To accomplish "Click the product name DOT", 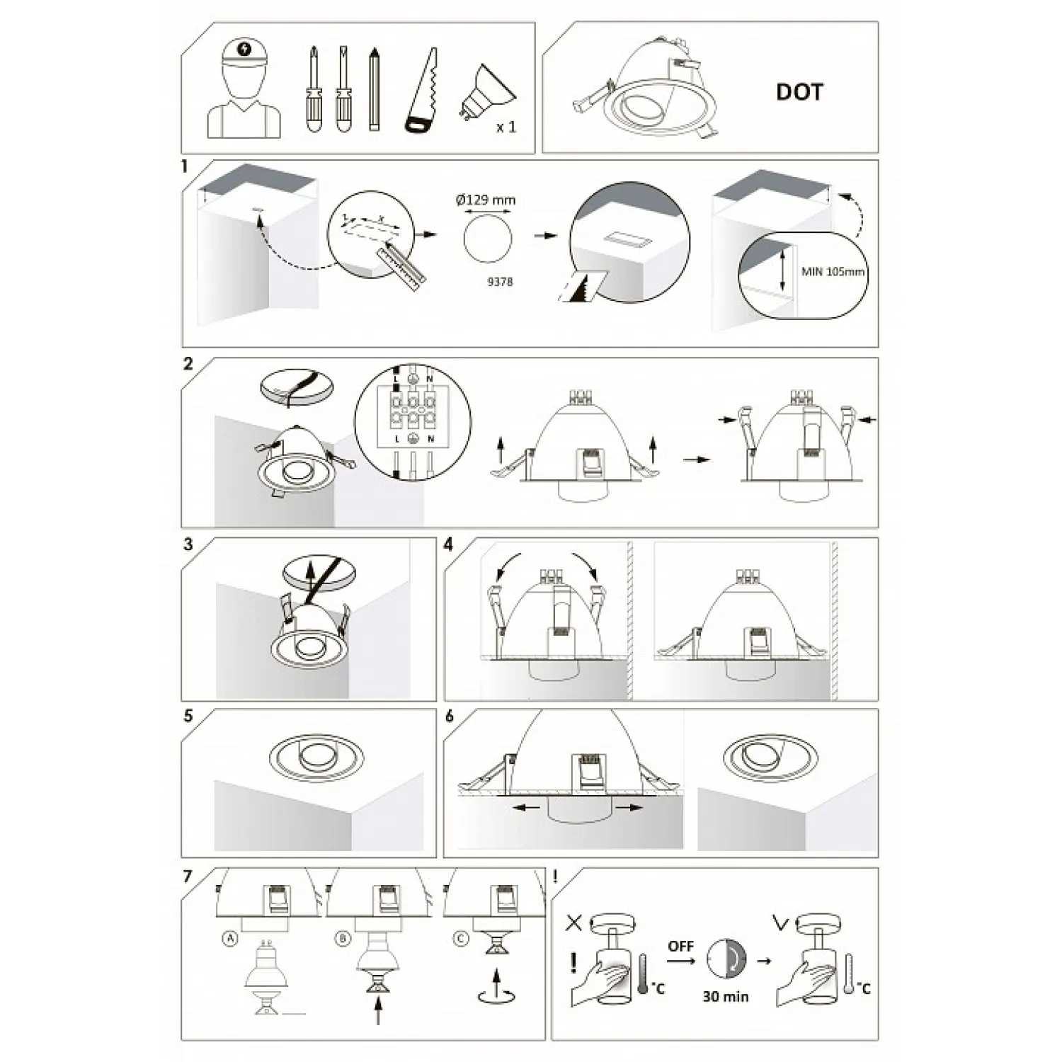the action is tap(799, 92).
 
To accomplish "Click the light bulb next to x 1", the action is tap(487, 92).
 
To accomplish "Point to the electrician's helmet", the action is tap(244, 52).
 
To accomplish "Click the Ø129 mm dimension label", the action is tap(486, 200).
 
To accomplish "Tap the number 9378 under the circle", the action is tap(500, 282).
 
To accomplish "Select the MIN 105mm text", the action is tap(833, 272).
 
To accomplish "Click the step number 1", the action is tap(185, 167).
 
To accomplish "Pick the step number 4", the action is tap(448, 544).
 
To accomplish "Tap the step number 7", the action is tap(187, 877).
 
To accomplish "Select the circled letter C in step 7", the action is tap(461, 939).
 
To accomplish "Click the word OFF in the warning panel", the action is tap(680, 947).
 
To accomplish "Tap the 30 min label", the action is tap(726, 996).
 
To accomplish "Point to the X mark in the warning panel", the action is tap(574, 923).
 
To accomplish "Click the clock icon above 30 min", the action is tap(726, 960).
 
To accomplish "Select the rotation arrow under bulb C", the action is tap(496, 996).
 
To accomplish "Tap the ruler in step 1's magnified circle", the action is tap(402, 261).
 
